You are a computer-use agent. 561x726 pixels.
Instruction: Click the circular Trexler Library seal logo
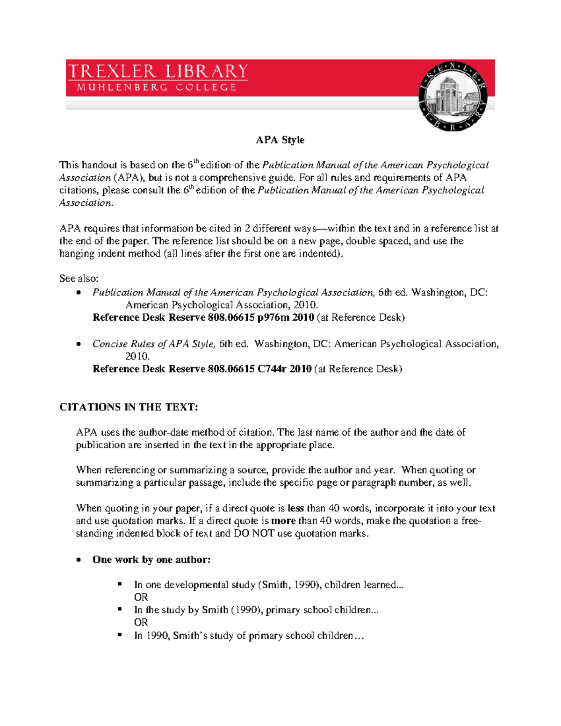pos(453,97)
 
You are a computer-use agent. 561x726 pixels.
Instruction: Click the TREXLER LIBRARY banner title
pos(158,72)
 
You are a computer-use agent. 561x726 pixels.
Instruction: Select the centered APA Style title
pos(280,140)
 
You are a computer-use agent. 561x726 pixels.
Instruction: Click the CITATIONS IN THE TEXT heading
pos(129,407)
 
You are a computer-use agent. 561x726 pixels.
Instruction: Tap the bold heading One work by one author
pos(151,560)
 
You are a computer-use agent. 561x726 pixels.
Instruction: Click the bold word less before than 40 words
pos(295,508)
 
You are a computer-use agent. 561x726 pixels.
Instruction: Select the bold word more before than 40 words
pos(283,521)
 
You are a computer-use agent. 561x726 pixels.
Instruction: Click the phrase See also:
pos(79,279)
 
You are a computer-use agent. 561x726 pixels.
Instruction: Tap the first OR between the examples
pos(141,597)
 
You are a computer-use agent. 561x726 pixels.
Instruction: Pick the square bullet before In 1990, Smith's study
pos(120,635)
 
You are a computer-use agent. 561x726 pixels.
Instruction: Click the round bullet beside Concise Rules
pos(79,344)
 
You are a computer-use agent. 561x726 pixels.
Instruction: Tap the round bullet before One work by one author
pos(79,560)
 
